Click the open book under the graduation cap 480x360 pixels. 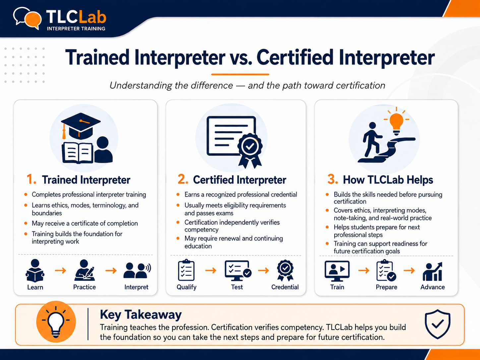[x=78, y=153]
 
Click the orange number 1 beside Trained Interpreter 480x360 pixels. [x=31, y=179]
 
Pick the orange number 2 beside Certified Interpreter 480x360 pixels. [x=183, y=179]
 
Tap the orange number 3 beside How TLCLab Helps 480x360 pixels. [x=332, y=179]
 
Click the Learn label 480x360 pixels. [x=35, y=287]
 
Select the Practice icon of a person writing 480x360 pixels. [x=85, y=270]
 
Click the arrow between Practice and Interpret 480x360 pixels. [x=111, y=271]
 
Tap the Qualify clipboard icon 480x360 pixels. [x=186, y=270]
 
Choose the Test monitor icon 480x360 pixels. [x=238, y=270]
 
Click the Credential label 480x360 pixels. [x=285, y=287]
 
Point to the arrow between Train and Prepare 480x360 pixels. [x=364, y=271]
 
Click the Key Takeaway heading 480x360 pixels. [x=141, y=315]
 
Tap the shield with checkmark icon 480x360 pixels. [x=437, y=324]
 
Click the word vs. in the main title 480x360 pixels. [x=241, y=58]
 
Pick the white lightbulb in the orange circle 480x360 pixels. [x=56, y=322]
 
